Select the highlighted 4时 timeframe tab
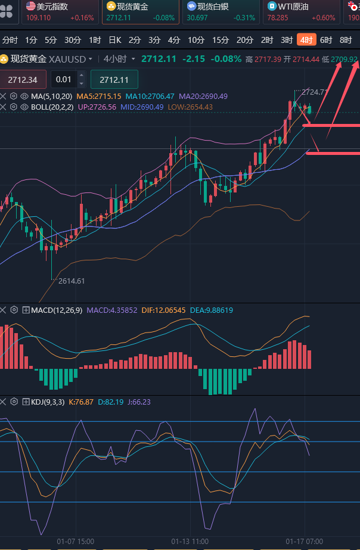306,41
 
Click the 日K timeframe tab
114,41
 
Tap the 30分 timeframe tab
73,41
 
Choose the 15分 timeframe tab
221,41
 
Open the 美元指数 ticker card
60,12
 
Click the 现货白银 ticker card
221,12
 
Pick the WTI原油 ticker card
301,12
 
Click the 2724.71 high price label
315,92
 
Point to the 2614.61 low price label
72,281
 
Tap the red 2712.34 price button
23,80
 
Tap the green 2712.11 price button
114,80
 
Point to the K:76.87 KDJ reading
81,402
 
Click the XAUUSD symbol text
67,60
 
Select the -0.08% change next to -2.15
226,60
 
